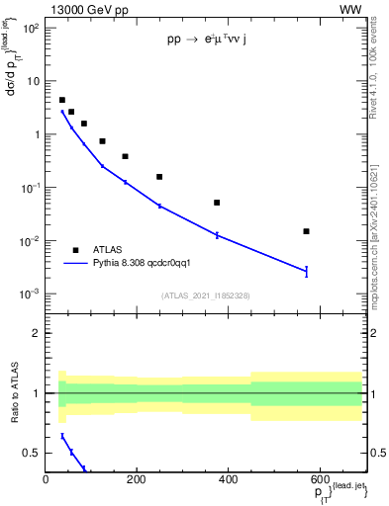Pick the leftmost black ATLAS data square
pos(62,100)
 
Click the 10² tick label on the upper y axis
pos(31,28)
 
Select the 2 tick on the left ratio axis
pos(35,333)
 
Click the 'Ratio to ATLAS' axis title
pos(14,392)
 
